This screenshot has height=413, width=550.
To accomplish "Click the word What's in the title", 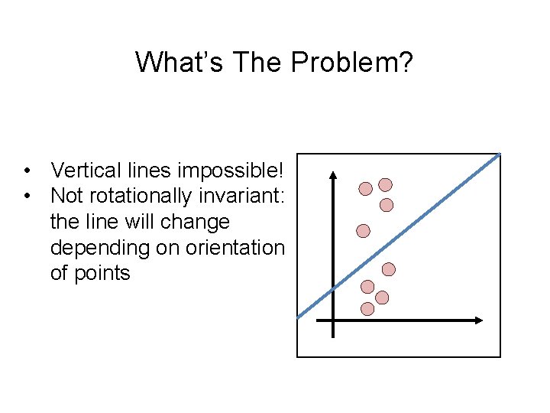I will (175, 62).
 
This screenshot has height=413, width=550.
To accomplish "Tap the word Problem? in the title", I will (352, 62).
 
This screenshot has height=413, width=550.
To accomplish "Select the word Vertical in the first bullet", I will (84, 169).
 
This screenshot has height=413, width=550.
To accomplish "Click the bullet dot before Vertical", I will (27, 170).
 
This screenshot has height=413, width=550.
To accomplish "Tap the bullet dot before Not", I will (27, 196).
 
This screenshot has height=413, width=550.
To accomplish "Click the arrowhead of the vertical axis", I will (333, 175).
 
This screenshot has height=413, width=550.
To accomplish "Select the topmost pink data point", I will (386, 184).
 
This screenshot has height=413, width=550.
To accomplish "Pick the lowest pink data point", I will (367, 309).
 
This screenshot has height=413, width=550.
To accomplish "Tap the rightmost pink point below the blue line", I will (389, 269).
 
